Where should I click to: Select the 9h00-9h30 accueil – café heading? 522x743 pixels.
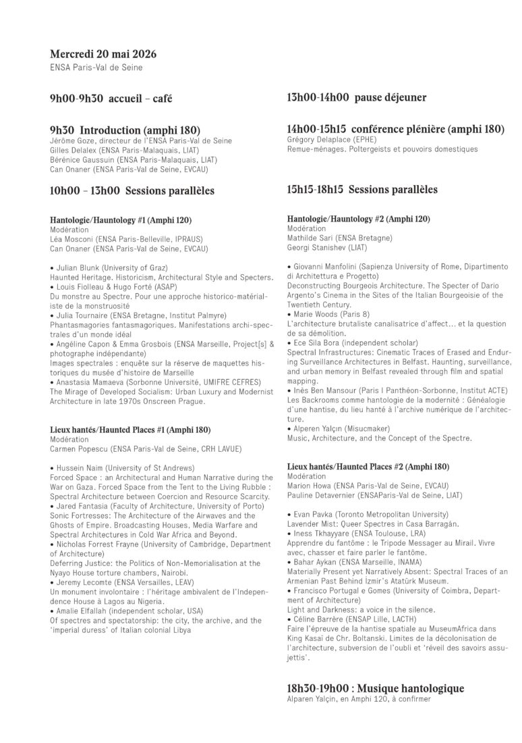[x=111, y=99]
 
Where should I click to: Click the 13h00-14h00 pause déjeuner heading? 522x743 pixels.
[x=356, y=98]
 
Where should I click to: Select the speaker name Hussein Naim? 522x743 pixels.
[x=80, y=467]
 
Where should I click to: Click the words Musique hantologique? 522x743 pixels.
[x=405, y=688]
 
